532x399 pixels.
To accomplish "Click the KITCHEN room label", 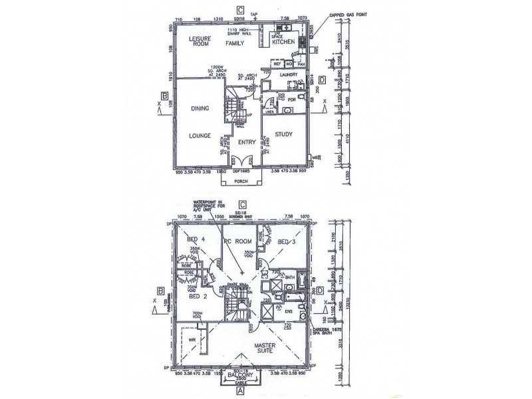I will (x=287, y=43).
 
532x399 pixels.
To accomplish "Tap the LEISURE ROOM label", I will (x=199, y=41).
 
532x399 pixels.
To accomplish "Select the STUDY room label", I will (x=284, y=134).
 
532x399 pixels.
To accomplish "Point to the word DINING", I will (x=200, y=108).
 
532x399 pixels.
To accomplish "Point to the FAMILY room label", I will (x=234, y=43).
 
